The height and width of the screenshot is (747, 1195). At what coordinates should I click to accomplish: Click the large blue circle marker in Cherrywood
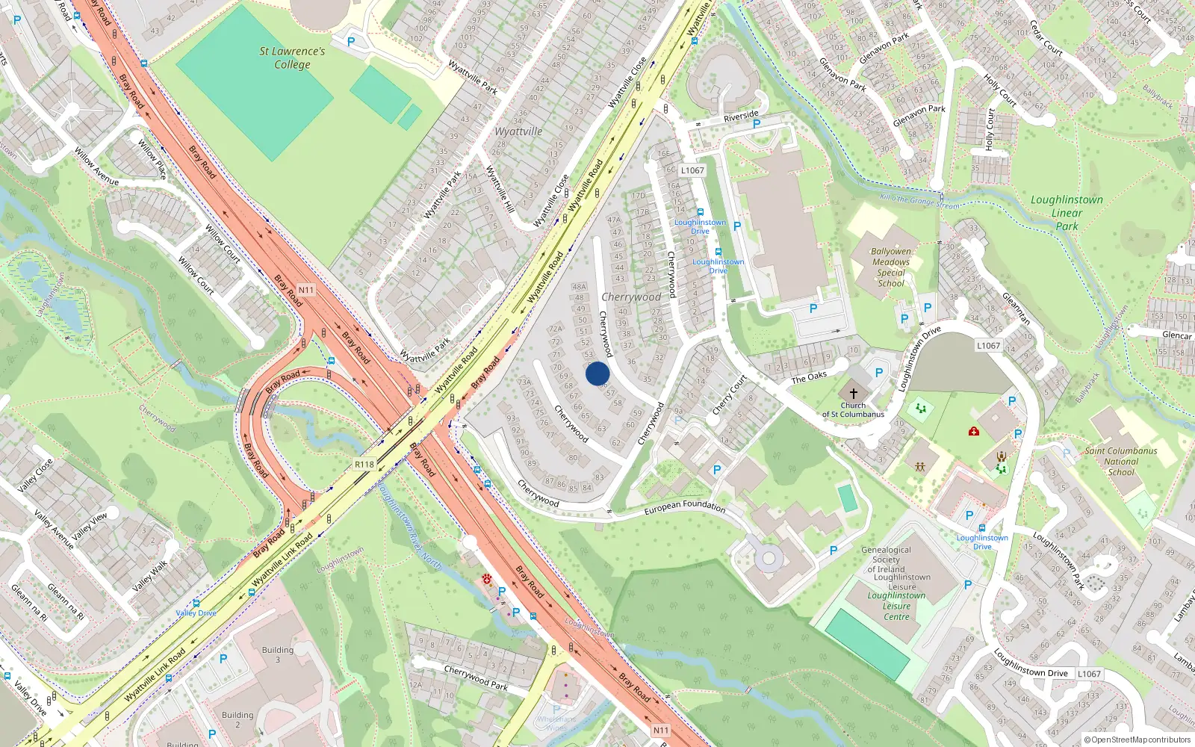tap(597, 373)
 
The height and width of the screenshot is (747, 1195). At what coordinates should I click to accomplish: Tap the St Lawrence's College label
tap(292, 58)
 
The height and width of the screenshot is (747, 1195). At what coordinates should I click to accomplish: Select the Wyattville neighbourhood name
tap(518, 131)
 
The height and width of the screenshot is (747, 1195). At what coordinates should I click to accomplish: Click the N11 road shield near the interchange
tap(306, 290)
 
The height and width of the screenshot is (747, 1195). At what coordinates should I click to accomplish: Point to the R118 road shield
tap(364, 465)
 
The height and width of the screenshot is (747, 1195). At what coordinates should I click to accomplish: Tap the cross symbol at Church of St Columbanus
tap(854, 393)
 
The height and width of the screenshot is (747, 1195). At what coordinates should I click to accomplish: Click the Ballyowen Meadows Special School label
tap(891, 267)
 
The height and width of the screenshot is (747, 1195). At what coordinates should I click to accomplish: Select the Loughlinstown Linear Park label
tap(1067, 212)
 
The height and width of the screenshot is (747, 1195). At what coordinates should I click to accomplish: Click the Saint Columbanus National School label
tap(1120, 461)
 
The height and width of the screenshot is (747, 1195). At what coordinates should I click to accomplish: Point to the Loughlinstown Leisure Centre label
tap(896, 606)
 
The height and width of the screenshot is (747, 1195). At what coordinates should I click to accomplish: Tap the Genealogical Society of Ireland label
tap(886, 560)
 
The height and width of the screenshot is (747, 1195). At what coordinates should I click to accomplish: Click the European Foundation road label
tap(684, 507)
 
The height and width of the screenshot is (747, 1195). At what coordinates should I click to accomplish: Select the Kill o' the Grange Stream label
tap(919, 201)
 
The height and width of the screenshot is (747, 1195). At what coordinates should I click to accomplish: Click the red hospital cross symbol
tap(974, 431)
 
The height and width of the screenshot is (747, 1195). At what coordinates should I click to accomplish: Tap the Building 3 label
tap(278, 654)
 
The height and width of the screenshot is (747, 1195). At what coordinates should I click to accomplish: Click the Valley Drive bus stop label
tap(196, 613)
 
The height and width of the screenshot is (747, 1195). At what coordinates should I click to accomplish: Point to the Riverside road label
tap(741, 117)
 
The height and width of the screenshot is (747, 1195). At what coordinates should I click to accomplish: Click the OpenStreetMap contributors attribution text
tap(1137, 740)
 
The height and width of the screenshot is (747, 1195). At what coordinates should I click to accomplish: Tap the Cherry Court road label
tap(729, 395)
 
